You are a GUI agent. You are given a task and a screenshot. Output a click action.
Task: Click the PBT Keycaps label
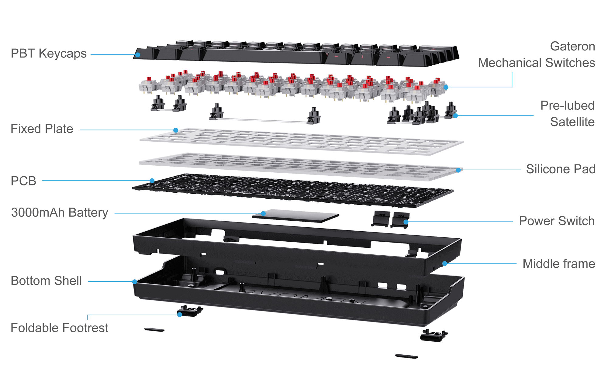(49, 53)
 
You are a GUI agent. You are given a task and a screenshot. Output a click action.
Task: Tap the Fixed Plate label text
(42, 129)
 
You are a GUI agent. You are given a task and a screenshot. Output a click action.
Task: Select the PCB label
(23, 181)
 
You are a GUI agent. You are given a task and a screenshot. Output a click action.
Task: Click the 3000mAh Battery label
(60, 213)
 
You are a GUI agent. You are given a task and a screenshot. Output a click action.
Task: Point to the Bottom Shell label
(46, 281)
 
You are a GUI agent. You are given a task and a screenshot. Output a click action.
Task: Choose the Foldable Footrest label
(60, 328)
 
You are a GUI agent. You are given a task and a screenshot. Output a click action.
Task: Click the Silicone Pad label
(561, 169)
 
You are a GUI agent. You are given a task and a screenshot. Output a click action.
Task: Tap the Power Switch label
(557, 221)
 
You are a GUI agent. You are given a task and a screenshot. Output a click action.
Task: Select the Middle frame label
(559, 264)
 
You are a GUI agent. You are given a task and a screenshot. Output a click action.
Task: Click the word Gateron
(572, 46)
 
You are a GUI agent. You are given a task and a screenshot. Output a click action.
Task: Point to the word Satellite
(572, 122)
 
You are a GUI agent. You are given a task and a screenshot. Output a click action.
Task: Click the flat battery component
(295, 216)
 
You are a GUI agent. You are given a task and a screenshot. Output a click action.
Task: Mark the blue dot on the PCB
(152, 181)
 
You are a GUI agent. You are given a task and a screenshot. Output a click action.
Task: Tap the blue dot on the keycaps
(138, 55)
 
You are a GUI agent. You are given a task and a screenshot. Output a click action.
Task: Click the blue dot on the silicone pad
(458, 170)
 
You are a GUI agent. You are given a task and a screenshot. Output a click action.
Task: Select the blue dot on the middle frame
(444, 264)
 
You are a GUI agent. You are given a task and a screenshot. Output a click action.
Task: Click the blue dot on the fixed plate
(176, 130)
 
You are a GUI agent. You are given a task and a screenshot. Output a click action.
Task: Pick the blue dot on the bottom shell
(135, 282)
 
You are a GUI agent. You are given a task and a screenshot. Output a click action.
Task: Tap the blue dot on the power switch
(406, 222)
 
